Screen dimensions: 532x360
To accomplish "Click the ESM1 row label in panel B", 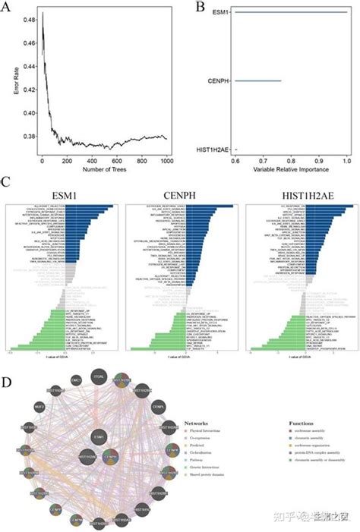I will (221, 12).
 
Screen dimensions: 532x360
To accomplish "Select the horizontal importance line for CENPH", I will (258, 80).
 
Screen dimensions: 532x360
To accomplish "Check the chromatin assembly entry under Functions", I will (311, 439).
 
